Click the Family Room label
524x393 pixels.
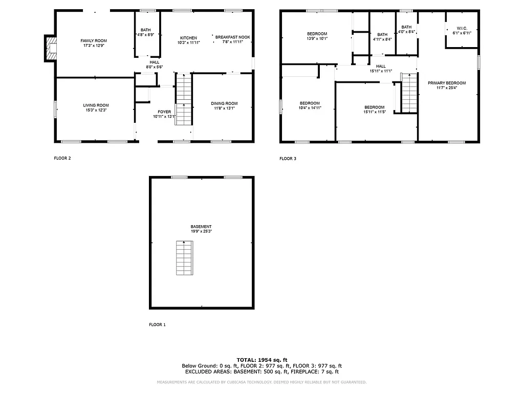tap(93, 40)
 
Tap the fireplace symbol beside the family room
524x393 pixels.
tap(51, 48)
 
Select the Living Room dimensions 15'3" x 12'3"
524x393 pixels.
tap(96, 110)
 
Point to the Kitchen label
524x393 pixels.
tap(188, 38)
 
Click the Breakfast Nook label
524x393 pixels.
tap(232, 37)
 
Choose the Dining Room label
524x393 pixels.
tap(224, 103)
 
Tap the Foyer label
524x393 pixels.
tap(164, 112)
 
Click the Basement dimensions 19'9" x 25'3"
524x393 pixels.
tap(201, 231)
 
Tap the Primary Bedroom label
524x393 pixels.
tap(447, 83)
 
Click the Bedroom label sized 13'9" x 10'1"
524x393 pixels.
tap(317, 34)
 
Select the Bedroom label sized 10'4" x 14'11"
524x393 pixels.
tap(310, 103)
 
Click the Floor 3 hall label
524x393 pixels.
tap(381, 66)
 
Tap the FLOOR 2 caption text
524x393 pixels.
tap(62, 158)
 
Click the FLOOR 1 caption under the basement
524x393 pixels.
tap(157, 324)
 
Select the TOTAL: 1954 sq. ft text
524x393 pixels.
tap(261, 360)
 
